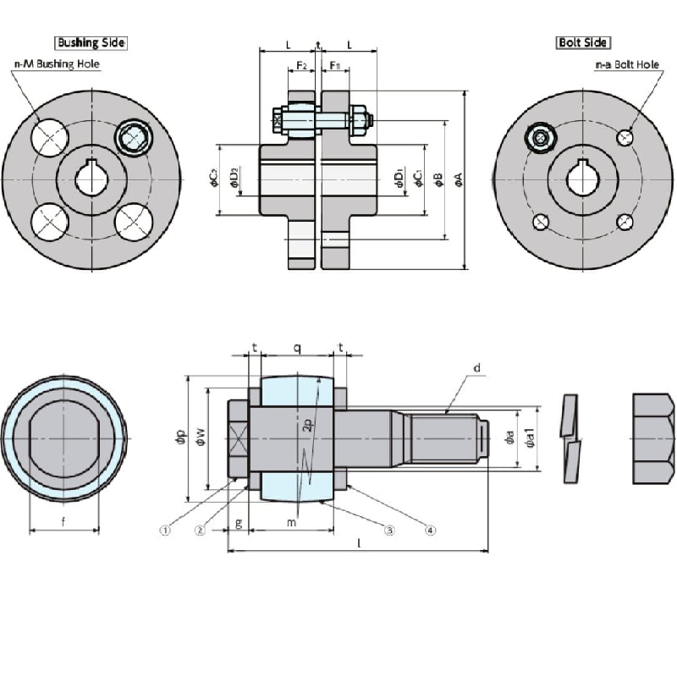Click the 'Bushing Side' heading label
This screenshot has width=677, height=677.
tap(91, 42)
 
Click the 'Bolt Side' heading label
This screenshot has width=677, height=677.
tap(583, 42)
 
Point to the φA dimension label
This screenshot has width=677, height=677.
tap(458, 178)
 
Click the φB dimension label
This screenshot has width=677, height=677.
tap(438, 178)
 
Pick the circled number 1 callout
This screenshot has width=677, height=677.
tap(166, 531)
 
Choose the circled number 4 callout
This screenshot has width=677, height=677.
tap(430, 531)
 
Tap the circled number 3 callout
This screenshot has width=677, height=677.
tap(389, 531)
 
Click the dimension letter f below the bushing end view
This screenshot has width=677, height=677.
tap(64, 522)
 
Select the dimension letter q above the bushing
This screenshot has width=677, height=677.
tap(296, 348)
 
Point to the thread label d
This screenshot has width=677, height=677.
tap(477, 368)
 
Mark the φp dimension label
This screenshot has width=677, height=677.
tap(179, 438)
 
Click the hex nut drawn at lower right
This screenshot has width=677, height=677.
tap(654, 438)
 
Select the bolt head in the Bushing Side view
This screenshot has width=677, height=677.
tap(133, 136)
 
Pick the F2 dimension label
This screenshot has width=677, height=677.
tap(300, 65)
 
